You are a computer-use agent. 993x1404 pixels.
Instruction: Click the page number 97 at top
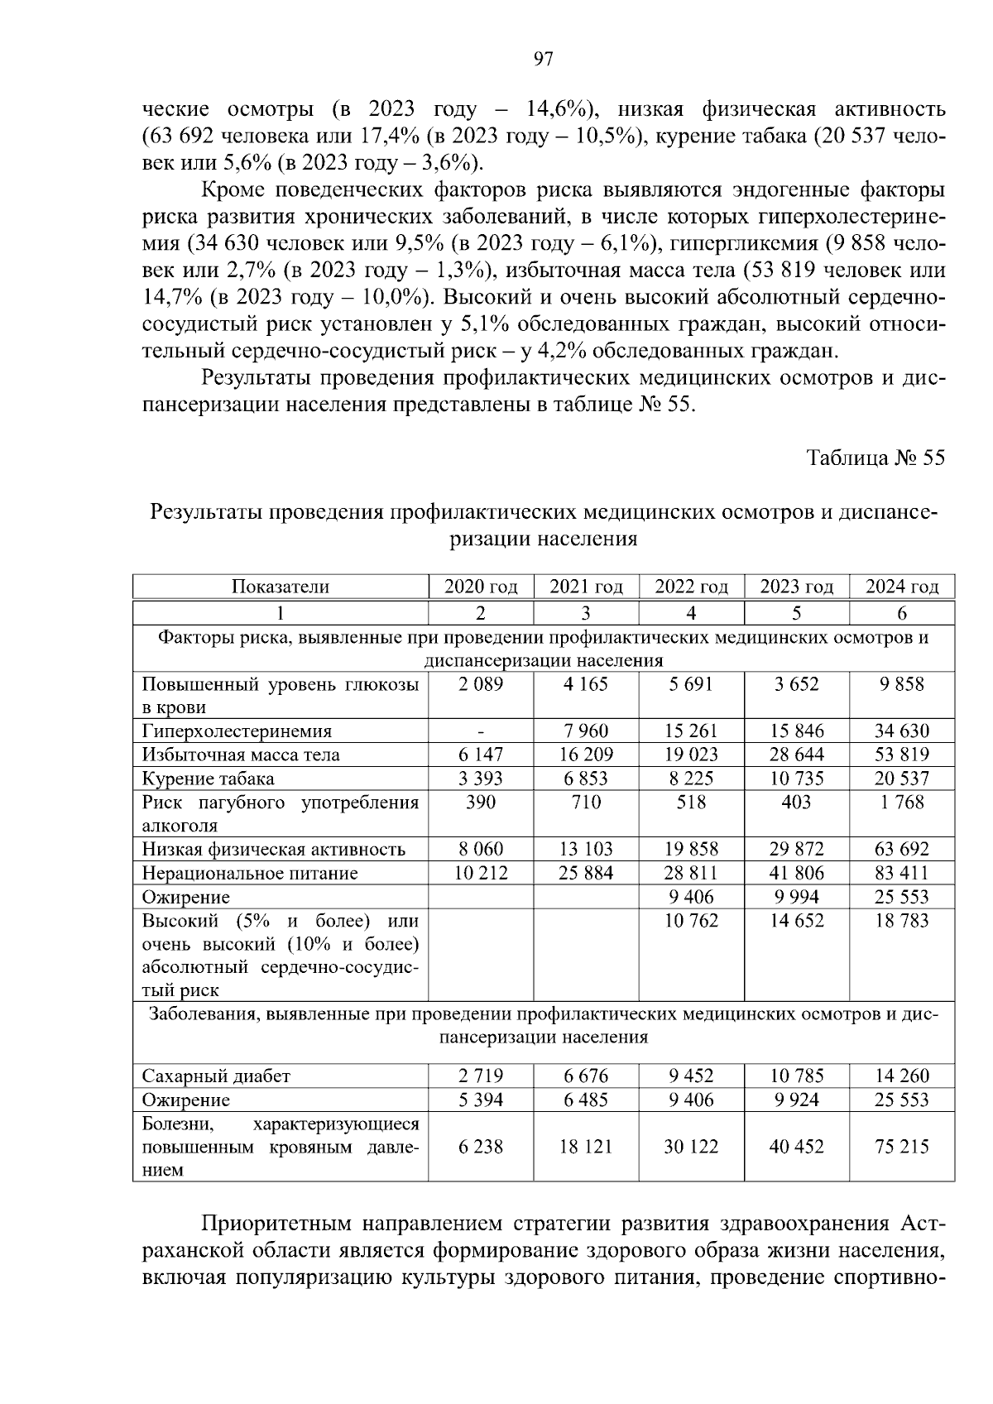pos(543,59)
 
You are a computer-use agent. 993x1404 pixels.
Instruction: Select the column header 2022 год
pos(691,587)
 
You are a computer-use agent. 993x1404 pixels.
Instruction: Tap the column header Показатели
pos(280,587)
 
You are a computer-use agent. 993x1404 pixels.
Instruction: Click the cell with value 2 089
pos(481,684)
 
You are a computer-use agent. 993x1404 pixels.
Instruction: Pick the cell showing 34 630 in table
pos(902,731)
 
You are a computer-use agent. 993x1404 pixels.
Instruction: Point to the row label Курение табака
pos(209,779)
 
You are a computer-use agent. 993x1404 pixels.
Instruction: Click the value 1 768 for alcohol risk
pos(902,802)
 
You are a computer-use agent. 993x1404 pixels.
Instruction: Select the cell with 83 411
pos(902,873)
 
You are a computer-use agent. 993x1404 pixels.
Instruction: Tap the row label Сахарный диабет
pos(217,1076)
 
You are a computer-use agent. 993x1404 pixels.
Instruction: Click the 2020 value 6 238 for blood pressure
pos(481,1147)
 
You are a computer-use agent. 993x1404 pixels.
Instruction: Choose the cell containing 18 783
pos(902,921)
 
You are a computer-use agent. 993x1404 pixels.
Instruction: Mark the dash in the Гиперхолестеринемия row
pos(481,731)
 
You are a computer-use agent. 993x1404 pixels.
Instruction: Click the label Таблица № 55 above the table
pos(875,458)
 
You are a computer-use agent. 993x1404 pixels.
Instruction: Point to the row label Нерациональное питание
pos(250,873)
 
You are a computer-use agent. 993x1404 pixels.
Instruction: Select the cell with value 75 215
pos(902,1147)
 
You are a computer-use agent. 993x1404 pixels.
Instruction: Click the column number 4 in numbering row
pos(691,613)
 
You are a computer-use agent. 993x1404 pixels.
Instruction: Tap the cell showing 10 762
pos(691,921)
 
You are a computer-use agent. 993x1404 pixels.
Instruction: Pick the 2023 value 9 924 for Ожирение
pos(796,1100)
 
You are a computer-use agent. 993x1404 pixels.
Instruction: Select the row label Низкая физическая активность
pos(274,849)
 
